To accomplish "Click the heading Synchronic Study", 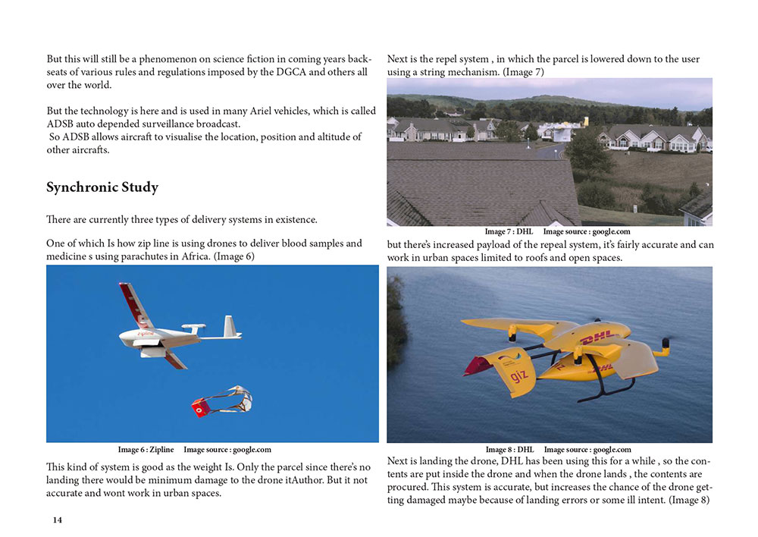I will point(102,187).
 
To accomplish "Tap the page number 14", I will point(58,520).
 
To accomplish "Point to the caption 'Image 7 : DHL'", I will point(509,231).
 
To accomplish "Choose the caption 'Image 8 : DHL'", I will point(509,450).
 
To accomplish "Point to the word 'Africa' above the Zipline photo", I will point(193,257).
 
